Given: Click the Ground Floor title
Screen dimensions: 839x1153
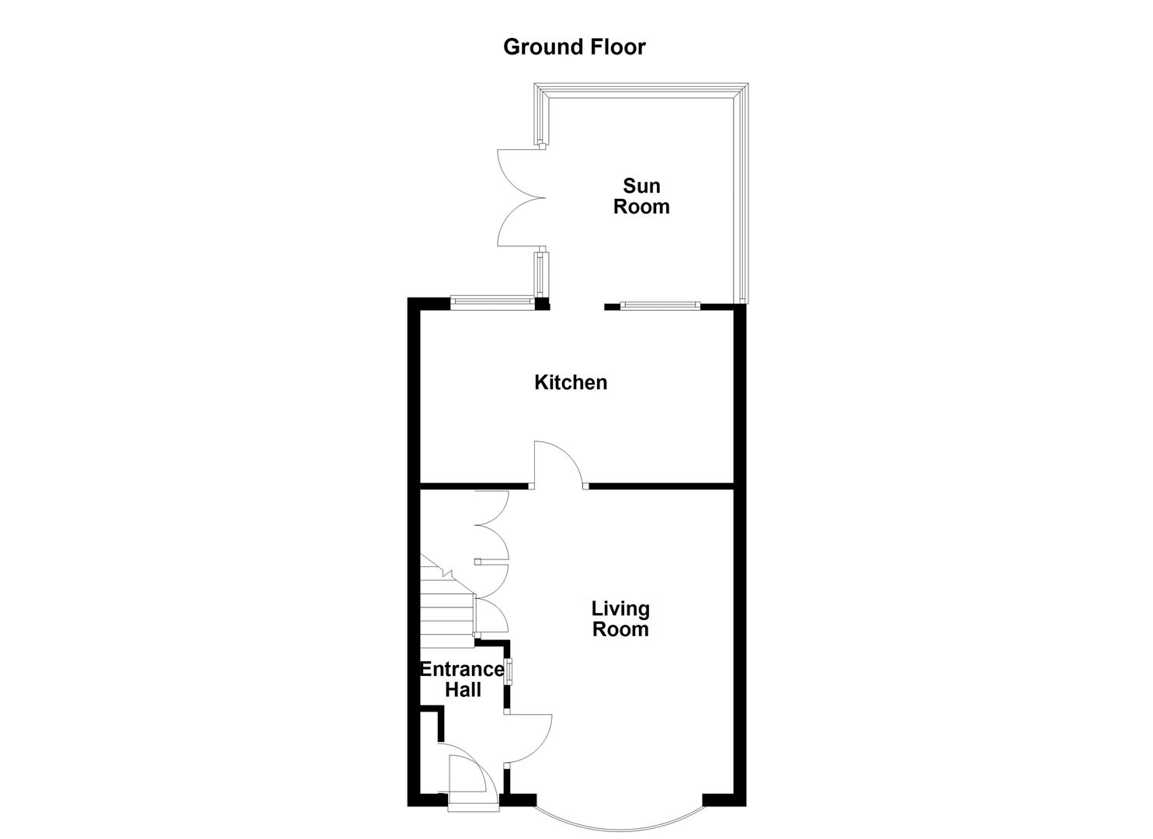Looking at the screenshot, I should pos(574,47).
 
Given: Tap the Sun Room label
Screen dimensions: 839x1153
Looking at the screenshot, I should pos(641,196).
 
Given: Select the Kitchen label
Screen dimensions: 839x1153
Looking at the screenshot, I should pos(571,382).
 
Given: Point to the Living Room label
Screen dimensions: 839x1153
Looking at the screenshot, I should pos(620,619).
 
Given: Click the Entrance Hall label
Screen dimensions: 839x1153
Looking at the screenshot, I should pos(463,680).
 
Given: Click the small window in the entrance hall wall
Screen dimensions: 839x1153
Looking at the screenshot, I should pos(509,671).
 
